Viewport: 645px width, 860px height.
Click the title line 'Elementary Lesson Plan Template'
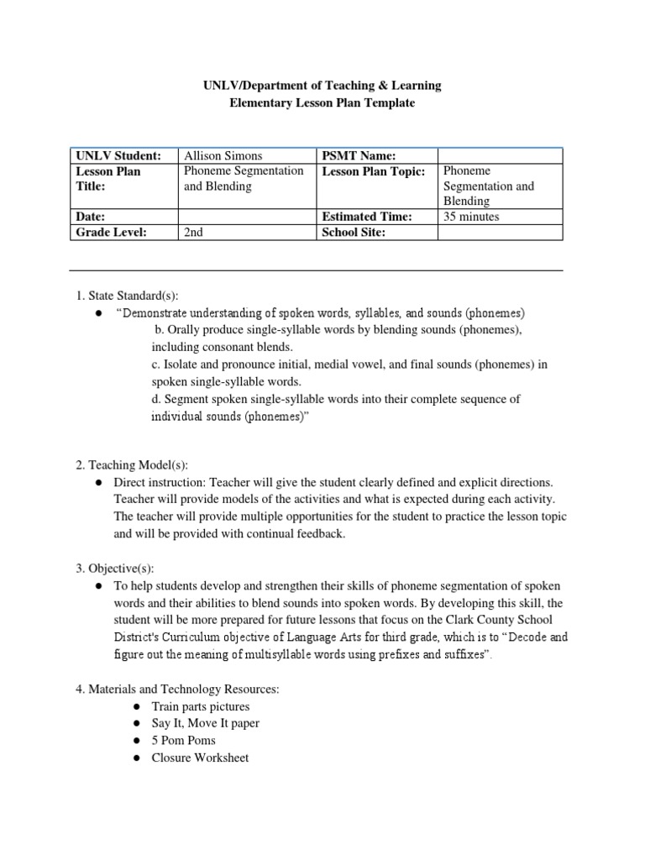tap(323, 102)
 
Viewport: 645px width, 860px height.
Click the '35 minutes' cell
tap(470, 217)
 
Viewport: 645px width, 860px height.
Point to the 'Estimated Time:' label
tap(367, 217)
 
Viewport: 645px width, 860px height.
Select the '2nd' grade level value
tap(193, 233)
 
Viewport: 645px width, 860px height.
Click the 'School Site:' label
tap(354, 233)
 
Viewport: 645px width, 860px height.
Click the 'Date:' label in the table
tap(91, 217)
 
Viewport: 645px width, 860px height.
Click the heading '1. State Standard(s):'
tap(127, 296)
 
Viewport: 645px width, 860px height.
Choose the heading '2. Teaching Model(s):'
tap(132, 464)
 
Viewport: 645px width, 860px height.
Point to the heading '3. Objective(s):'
tap(115, 569)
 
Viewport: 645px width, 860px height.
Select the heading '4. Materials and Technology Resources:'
tap(177, 690)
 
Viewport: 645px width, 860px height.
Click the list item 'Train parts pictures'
tap(200, 706)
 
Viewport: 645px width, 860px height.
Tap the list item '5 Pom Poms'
tap(183, 740)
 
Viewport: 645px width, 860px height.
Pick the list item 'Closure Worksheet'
tap(200, 757)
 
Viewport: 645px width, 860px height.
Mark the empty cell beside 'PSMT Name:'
tap(500, 155)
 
